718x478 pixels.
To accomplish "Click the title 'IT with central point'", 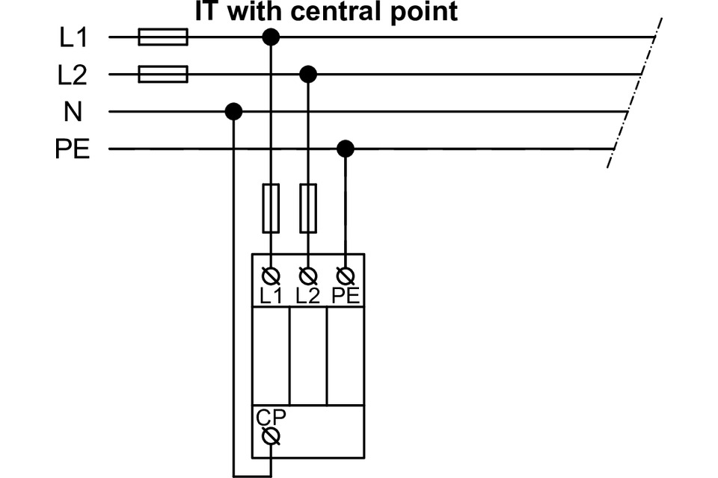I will (x=326, y=12).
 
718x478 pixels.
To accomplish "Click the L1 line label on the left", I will (x=74, y=37).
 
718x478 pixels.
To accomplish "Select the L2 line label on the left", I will (x=74, y=75).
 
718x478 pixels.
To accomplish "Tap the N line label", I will (x=73, y=112).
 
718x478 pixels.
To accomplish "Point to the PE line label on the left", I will (x=73, y=149).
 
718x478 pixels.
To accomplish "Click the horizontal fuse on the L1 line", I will (x=163, y=37).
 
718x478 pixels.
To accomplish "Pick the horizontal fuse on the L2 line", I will (x=163, y=74).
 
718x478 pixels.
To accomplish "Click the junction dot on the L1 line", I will (x=271, y=37).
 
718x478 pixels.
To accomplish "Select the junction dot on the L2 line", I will (x=307, y=74).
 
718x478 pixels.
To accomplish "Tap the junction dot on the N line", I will (x=234, y=112).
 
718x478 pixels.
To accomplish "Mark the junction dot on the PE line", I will (x=345, y=149).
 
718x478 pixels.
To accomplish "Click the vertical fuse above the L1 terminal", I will (x=271, y=209).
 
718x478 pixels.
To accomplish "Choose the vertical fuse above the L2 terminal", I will (x=307, y=209).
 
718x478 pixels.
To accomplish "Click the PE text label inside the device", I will (x=346, y=295).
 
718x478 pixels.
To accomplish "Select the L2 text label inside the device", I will (x=307, y=295).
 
